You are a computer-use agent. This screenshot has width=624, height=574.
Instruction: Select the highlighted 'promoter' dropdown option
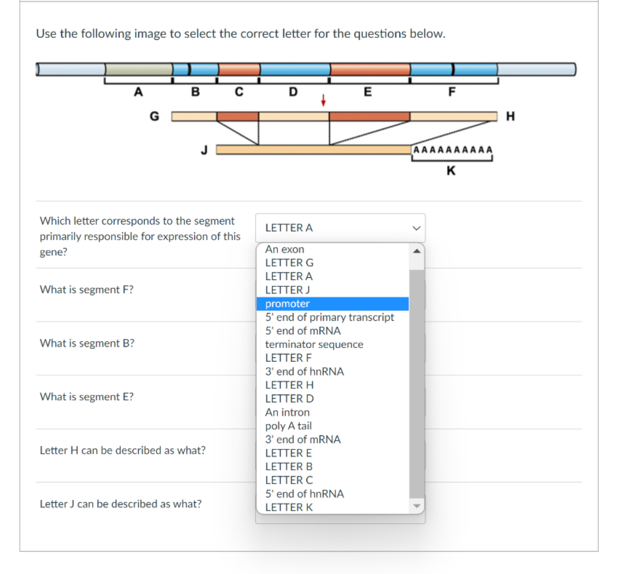click(x=287, y=304)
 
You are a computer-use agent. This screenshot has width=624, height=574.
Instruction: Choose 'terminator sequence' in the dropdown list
click(x=314, y=344)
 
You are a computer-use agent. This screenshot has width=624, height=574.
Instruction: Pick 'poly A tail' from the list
click(x=288, y=426)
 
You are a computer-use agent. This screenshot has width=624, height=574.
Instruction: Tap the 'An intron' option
click(x=287, y=412)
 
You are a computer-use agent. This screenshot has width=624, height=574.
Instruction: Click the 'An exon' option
click(x=285, y=250)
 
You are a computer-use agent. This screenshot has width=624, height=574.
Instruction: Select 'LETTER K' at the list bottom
click(x=289, y=507)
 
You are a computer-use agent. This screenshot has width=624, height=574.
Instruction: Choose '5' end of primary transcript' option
click(x=329, y=317)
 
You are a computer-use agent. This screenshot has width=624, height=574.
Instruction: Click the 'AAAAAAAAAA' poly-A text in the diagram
click(x=453, y=150)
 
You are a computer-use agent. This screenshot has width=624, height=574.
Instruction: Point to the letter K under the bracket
click(x=451, y=171)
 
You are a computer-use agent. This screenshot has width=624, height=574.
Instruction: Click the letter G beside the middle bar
click(x=154, y=116)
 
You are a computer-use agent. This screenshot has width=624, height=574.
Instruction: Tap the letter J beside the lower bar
click(x=204, y=150)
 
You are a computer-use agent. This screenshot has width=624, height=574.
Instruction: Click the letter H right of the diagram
click(x=510, y=116)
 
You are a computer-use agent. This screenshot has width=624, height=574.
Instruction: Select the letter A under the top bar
click(x=138, y=92)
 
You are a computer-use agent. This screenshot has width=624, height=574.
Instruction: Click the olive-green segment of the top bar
click(x=139, y=69)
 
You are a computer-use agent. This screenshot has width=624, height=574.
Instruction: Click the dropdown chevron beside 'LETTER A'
click(x=416, y=228)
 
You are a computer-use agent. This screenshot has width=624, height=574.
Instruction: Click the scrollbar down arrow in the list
click(x=417, y=506)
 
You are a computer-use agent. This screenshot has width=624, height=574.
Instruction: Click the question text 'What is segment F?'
click(x=87, y=290)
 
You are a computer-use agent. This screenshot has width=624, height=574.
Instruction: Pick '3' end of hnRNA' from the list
click(x=305, y=372)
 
